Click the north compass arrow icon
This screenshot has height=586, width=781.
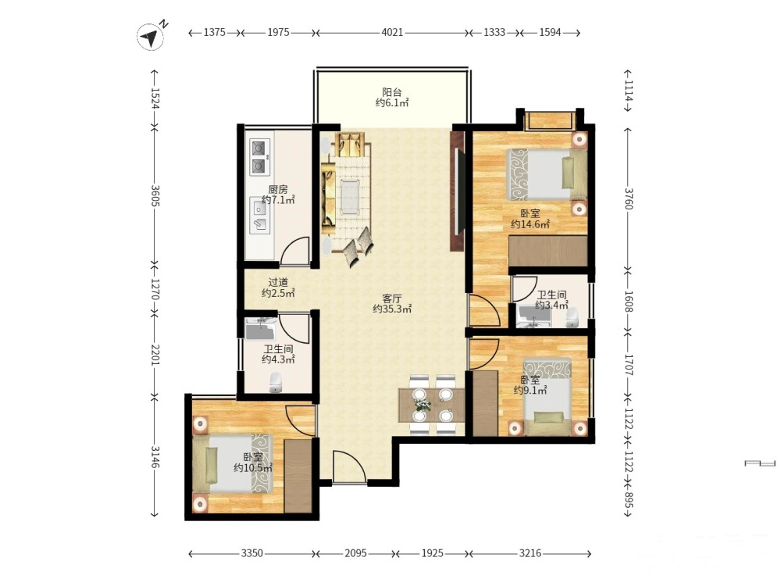[x=151, y=36]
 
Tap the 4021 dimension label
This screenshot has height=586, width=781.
[x=392, y=32]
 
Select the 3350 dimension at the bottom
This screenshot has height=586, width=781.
[x=251, y=553]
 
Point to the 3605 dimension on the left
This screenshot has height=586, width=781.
[x=155, y=196]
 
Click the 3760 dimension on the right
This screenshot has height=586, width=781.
[x=629, y=198]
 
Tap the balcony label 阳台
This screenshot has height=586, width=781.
[x=392, y=92]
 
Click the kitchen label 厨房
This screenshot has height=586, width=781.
[x=278, y=189]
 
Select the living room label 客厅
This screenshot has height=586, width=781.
[x=392, y=298]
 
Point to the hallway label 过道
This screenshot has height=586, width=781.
[x=278, y=283]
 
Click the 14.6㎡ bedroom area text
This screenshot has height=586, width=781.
[x=530, y=224]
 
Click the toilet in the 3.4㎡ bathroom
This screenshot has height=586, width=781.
[x=572, y=318]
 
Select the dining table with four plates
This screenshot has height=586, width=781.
[x=431, y=405]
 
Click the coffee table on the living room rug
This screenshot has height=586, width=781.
[x=350, y=196]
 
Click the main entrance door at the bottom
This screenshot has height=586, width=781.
[x=349, y=467]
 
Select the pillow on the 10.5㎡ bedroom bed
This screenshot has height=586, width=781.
[x=212, y=465]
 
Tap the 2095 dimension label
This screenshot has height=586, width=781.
[x=355, y=553]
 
